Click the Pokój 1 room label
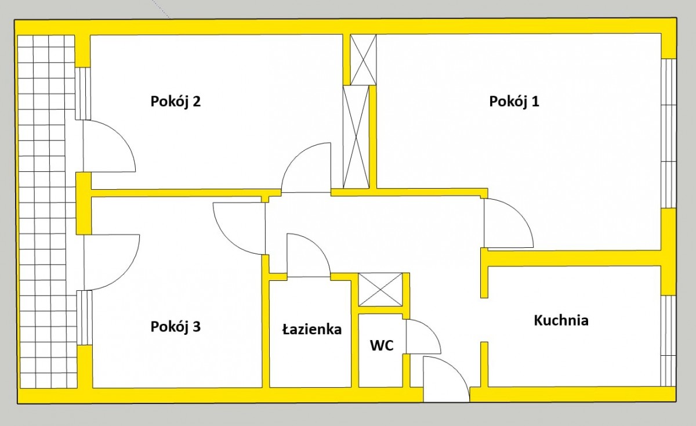point(514,102)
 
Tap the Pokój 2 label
point(176,102)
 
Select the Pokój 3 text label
point(176,327)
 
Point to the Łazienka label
point(311,330)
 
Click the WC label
point(382,346)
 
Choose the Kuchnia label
point(561,320)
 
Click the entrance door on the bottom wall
point(445,380)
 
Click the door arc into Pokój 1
point(507,223)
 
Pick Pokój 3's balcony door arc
point(111,261)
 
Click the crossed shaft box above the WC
point(380,290)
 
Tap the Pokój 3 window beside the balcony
point(85,317)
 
